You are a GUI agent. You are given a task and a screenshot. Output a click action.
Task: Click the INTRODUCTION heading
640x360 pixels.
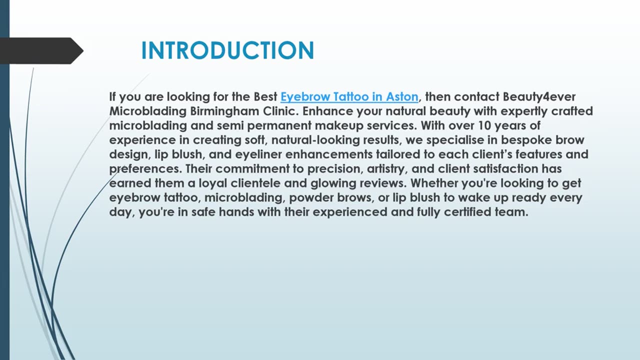point(227,50)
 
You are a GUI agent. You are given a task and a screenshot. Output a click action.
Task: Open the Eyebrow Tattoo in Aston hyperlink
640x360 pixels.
point(349,96)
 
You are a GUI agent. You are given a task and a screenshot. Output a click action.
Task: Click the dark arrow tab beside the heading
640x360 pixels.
point(40,50)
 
